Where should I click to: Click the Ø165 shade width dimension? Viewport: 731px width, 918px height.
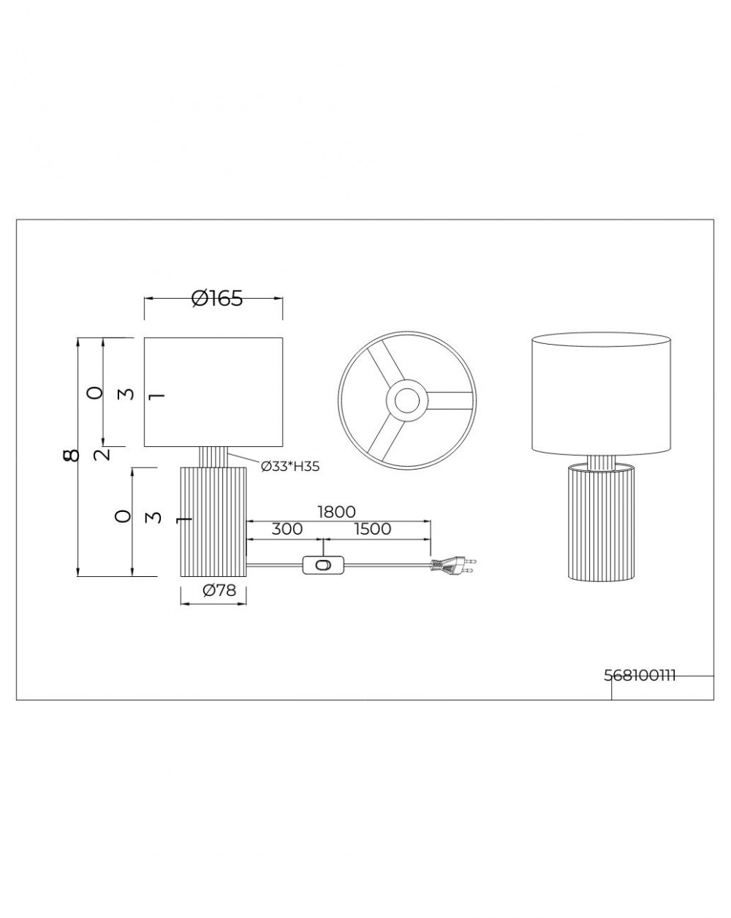pyautogui.click(x=216, y=298)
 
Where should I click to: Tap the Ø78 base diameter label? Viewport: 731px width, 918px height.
pyautogui.click(x=219, y=590)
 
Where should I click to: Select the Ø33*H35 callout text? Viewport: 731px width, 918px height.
pyautogui.click(x=290, y=467)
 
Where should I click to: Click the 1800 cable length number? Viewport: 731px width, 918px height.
pyautogui.click(x=336, y=512)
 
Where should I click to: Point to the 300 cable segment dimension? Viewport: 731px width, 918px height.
pyautogui.click(x=287, y=529)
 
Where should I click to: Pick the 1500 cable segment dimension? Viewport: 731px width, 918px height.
pyautogui.click(x=372, y=529)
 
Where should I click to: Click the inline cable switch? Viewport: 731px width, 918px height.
pyautogui.click(x=323, y=565)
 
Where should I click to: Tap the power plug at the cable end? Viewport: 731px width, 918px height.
pyautogui.click(x=453, y=565)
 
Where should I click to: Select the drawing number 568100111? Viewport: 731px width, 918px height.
pyautogui.click(x=639, y=676)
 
